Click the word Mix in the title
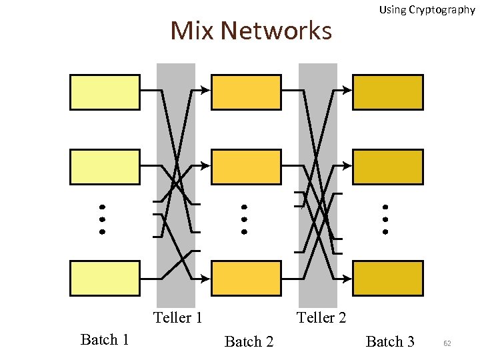pyautogui.click(x=192, y=31)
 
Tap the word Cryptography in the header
pyautogui.click(x=443, y=9)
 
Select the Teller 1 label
pyautogui.click(x=177, y=317)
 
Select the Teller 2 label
pyautogui.click(x=321, y=317)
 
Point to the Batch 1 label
pyautogui.click(x=105, y=340)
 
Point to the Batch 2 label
pyautogui.click(x=249, y=342)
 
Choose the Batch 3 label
pyautogui.click(x=390, y=342)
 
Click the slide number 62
pyautogui.click(x=447, y=343)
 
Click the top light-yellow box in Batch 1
pyautogui.click(x=105, y=92)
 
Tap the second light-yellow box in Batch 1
pyautogui.click(x=105, y=167)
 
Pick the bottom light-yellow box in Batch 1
pyautogui.click(x=105, y=278)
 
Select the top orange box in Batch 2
pyautogui.click(x=246, y=92)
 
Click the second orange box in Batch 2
pyautogui.click(x=246, y=167)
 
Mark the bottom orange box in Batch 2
pyautogui.click(x=246, y=278)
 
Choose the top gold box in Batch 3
pyautogui.click(x=387, y=92)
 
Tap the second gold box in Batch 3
pyautogui.click(x=387, y=167)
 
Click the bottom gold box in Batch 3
pyautogui.click(x=387, y=278)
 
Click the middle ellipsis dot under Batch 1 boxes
pyautogui.click(x=103, y=219)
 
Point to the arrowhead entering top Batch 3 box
pyautogui.click(x=347, y=90)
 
